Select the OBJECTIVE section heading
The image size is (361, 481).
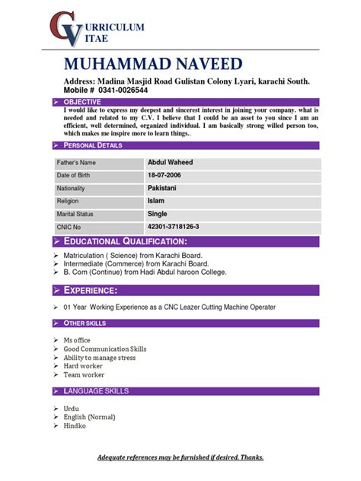(x=83, y=101)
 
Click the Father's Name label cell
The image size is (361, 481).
(x=77, y=163)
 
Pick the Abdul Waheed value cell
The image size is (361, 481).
(x=170, y=163)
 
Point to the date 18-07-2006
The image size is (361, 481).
(x=167, y=176)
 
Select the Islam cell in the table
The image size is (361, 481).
(x=155, y=201)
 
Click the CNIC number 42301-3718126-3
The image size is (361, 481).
(x=174, y=227)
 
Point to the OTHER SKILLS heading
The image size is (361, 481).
(x=85, y=323)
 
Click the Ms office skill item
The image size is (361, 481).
(x=77, y=340)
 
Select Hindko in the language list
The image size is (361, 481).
(x=75, y=425)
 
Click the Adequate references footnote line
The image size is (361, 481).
(x=180, y=457)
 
